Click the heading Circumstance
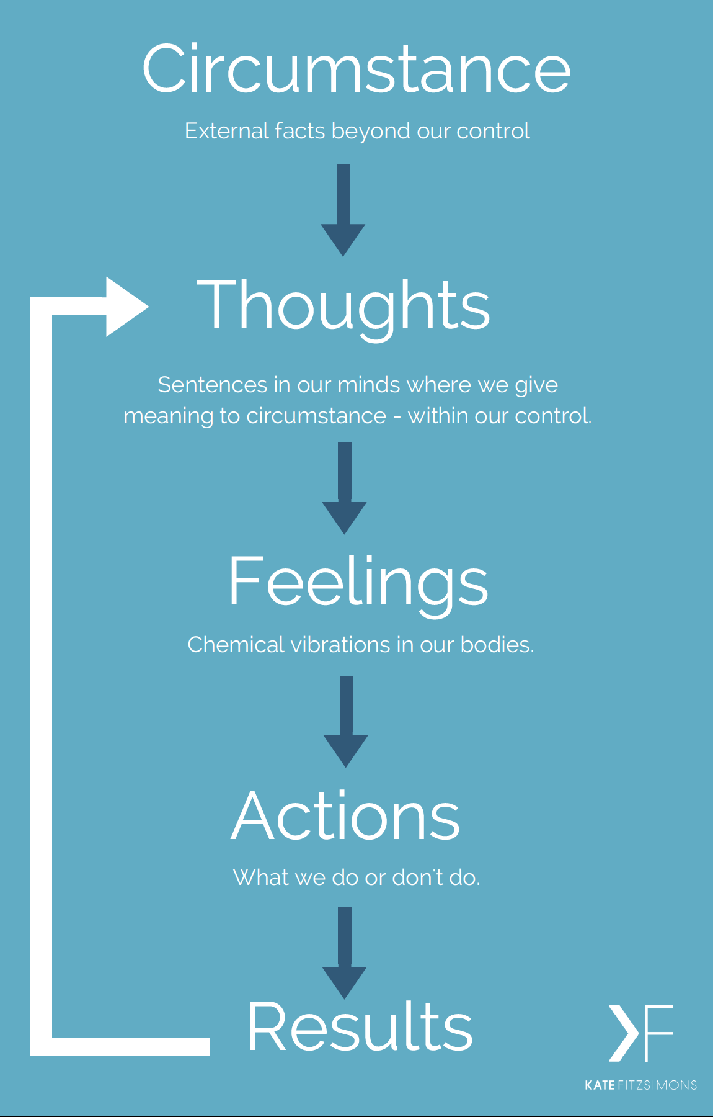(x=356, y=70)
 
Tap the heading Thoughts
(x=343, y=305)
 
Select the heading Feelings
(x=358, y=581)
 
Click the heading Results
(x=360, y=1026)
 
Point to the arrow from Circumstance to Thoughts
(x=343, y=211)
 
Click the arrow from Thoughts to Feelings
(x=345, y=488)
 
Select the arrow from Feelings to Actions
(x=346, y=722)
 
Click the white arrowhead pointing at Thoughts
(x=126, y=307)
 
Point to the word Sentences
(x=212, y=385)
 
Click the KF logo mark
(x=640, y=1033)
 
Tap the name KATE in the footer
(x=600, y=1085)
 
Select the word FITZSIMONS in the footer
(x=658, y=1085)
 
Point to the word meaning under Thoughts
(x=169, y=416)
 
